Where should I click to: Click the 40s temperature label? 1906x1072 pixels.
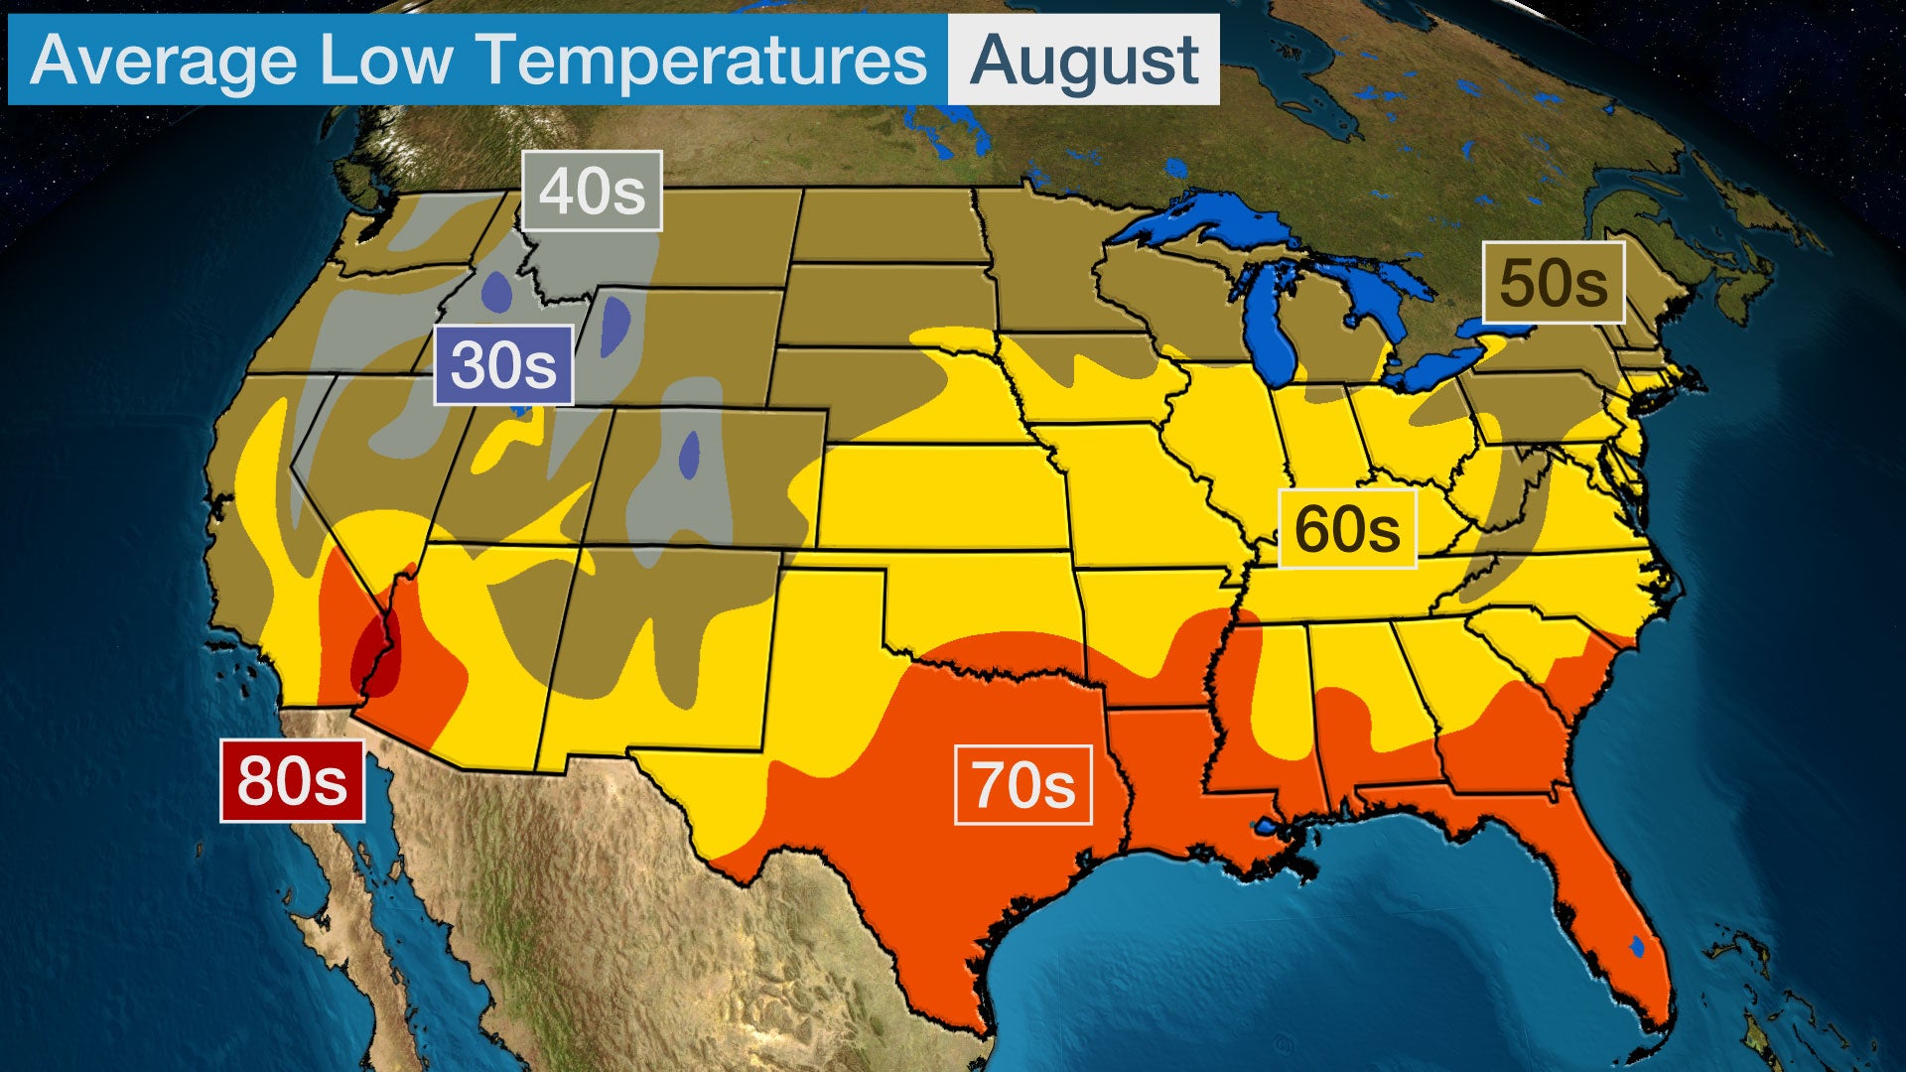click(x=592, y=191)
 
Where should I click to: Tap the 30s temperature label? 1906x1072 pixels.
click(x=503, y=364)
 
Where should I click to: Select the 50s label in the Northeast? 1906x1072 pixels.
click(x=1553, y=283)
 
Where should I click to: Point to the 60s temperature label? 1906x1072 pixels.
click(x=1346, y=528)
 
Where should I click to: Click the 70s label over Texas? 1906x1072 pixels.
click(x=1022, y=784)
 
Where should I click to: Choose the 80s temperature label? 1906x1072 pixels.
click(x=292, y=780)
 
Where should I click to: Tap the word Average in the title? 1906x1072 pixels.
click(x=164, y=61)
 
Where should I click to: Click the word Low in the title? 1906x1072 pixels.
click(x=385, y=61)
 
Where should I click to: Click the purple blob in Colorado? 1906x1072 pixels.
click(x=688, y=455)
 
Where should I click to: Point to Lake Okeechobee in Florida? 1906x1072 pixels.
click(x=1637, y=947)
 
